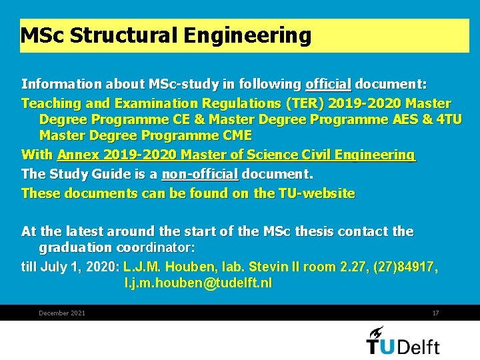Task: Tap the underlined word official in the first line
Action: (x=328, y=85)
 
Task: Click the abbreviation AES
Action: (x=397, y=119)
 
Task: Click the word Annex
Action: (x=77, y=155)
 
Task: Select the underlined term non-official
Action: (x=199, y=174)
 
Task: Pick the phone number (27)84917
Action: (x=405, y=267)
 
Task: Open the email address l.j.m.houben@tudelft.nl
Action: (x=198, y=283)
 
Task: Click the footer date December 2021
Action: (x=62, y=313)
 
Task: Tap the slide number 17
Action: (x=435, y=313)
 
